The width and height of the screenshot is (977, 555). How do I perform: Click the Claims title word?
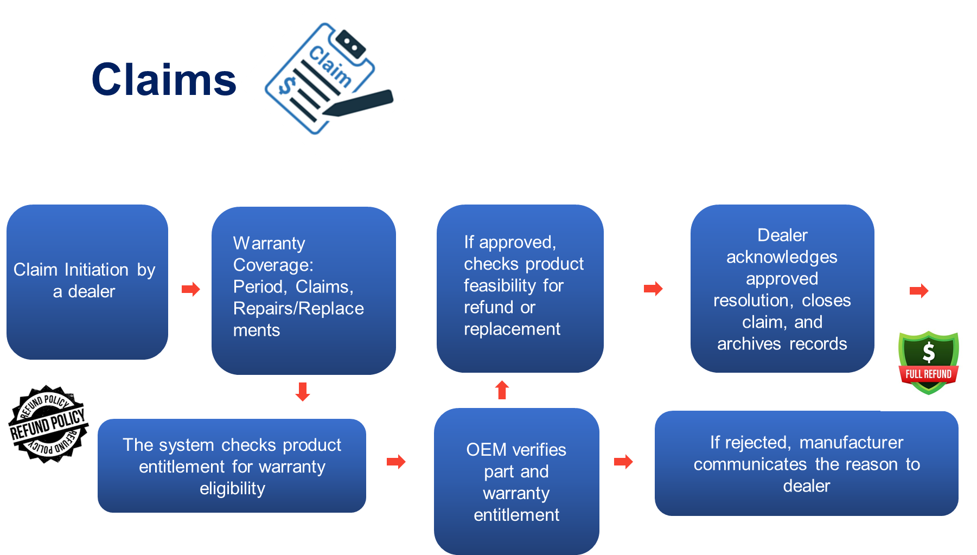tap(164, 80)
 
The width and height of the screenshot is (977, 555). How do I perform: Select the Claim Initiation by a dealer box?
tap(87, 282)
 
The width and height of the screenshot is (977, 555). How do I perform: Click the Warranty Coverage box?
tap(303, 290)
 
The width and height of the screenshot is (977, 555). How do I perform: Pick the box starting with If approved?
tap(520, 288)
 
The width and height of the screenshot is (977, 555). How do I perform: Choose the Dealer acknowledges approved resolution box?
tap(782, 288)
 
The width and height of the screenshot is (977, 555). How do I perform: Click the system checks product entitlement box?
tap(232, 465)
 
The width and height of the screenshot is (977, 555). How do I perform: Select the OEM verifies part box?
tap(516, 481)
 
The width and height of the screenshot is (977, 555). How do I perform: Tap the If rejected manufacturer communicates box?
tap(806, 463)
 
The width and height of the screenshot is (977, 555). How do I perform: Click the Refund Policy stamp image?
tap(48, 423)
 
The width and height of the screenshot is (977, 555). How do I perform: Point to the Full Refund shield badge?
tap(928, 362)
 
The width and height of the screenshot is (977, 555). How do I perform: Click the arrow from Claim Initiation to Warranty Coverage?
tap(191, 289)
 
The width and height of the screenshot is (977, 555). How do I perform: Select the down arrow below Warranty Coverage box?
tap(303, 391)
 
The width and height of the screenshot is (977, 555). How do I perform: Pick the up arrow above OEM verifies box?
tap(502, 390)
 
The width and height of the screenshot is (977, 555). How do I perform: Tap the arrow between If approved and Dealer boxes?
tap(653, 289)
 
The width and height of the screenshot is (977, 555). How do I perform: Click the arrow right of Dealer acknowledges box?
tap(919, 291)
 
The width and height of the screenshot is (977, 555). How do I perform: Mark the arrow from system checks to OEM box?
tap(396, 462)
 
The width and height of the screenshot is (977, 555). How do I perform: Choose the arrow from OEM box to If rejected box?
tap(623, 462)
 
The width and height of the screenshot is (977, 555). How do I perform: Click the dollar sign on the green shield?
tap(929, 352)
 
